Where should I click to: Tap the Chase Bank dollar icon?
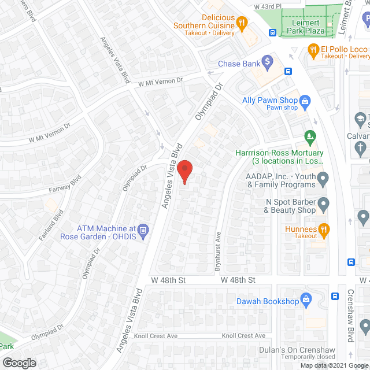pos(267,61)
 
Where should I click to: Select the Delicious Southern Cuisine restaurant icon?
pos(242,23)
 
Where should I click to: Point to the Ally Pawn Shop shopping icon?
pos(306,102)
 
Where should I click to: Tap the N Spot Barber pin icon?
pos(324,203)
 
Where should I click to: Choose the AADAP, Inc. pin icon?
pos(324,177)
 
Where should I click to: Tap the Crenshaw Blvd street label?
pos(350,324)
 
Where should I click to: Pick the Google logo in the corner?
pos(19,362)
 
